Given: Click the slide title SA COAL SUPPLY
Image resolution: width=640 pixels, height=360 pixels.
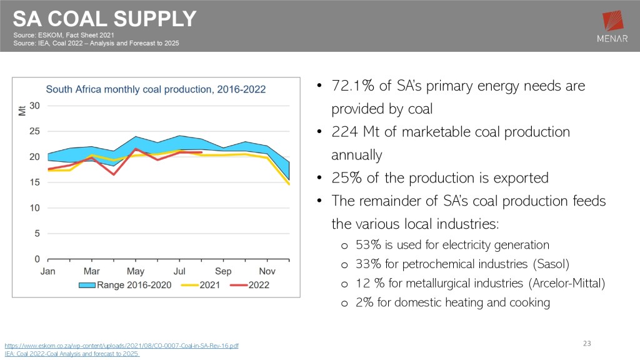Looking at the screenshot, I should click(x=105, y=19).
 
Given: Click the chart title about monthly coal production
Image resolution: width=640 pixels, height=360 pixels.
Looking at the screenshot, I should click(x=156, y=89).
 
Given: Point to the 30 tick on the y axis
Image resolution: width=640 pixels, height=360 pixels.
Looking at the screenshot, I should click(x=35, y=106).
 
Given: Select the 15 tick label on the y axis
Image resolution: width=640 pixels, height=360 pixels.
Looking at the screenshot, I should click(x=35, y=182).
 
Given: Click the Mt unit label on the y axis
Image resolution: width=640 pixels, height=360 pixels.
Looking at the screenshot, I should click(x=22, y=112).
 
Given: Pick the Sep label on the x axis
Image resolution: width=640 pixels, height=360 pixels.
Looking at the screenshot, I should click(x=223, y=271).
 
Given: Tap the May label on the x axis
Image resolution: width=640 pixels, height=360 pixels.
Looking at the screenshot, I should click(x=136, y=271).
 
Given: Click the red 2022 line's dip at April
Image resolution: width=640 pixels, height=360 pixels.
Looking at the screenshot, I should click(x=114, y=174).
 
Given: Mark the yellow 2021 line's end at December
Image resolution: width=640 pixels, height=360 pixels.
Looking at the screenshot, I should click(x=289, y=184).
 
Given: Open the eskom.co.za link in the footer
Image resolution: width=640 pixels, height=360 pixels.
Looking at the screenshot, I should click(x=121, y=345).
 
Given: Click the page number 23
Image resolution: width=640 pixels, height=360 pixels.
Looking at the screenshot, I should click(x=586, y=343).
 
